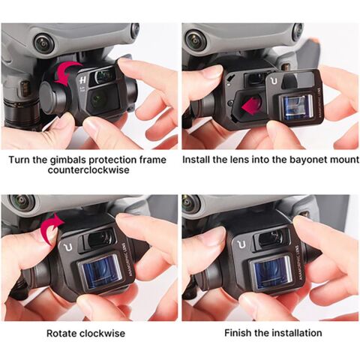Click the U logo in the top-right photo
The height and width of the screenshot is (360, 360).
pos(274,76)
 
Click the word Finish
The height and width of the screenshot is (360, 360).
pos(238,332)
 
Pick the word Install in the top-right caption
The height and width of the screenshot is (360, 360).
pos(200,160)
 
